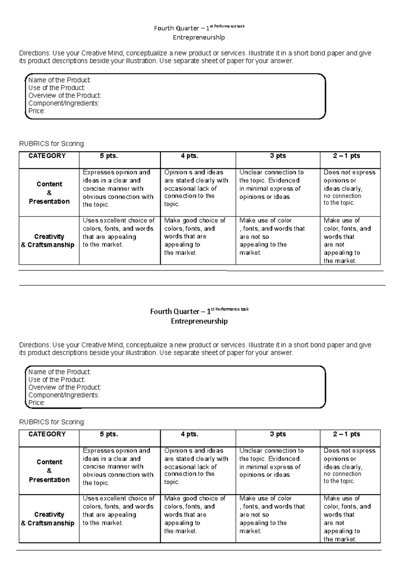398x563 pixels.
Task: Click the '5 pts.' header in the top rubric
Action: (109, 156)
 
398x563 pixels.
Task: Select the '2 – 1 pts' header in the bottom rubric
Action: (347, 434)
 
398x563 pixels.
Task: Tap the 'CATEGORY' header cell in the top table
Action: (47, 156)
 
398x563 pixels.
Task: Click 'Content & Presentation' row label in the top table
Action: (49, 193)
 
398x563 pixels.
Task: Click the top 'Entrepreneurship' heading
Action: (199, 37)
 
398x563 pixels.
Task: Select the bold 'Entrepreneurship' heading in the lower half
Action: (199, 321)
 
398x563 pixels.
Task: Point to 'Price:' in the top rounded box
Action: (37, 111)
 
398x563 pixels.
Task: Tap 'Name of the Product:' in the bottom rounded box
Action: (60, 372)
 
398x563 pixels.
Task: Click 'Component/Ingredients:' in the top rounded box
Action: (64, 103)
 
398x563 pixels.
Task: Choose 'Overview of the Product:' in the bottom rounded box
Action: (65, 387)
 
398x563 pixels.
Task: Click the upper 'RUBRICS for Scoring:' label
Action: (52, 144)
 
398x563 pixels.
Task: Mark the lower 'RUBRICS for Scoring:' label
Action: (52, 422)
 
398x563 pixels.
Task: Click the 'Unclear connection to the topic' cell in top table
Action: (271, 184)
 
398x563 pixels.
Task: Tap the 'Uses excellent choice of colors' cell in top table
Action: (119, 232)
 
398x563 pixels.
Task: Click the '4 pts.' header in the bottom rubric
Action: (189, 434)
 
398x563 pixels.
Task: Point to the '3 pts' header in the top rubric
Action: (278, 156)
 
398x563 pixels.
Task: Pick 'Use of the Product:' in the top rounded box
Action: (57, 88)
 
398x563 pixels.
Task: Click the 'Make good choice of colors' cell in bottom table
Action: (194, 514)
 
